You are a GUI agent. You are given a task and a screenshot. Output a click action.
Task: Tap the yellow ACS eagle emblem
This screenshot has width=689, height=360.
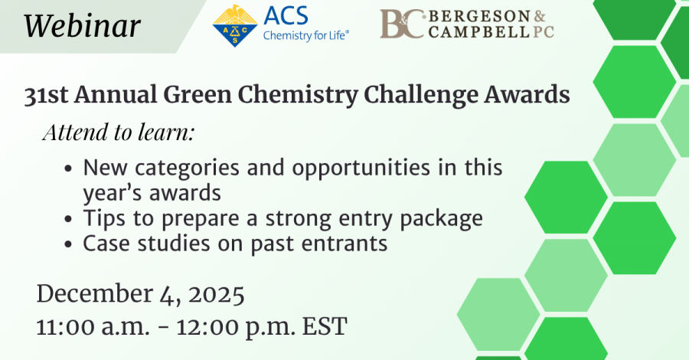pyautogui.click(x=235, y=26)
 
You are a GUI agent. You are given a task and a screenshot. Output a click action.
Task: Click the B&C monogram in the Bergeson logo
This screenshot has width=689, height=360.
pyautogui.click(x=402, y=25)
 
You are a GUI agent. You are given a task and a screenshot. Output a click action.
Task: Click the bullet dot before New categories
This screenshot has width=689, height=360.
pyautogui.click(x=70, y=169)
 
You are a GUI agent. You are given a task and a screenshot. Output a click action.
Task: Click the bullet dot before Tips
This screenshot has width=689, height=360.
pyautogui.click(x=70, y=219)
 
